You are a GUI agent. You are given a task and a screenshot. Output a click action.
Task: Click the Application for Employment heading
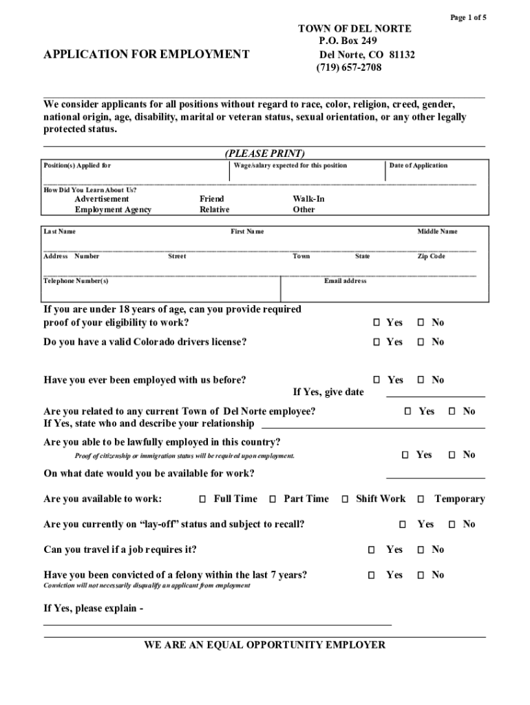point(146,53)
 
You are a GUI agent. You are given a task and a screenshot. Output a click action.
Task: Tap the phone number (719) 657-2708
point(348,67)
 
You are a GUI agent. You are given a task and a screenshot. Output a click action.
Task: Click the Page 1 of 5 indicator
point(468,17)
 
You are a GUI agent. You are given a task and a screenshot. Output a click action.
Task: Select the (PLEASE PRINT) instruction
point(264,153)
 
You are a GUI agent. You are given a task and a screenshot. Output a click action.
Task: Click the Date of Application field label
point(418,165)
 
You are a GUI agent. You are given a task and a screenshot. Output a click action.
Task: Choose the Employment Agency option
point(113,210)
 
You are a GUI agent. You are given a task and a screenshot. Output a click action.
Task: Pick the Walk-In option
point(308,199)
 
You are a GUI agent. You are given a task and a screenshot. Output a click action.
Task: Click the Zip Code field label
point(431,256)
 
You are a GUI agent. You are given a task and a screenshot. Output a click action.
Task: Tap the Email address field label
point(345,281)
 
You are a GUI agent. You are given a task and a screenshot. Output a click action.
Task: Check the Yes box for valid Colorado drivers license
point(377,342)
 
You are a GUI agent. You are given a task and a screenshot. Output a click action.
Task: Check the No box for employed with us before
point(421,380)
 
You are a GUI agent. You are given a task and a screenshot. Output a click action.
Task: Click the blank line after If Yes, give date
point(435,392)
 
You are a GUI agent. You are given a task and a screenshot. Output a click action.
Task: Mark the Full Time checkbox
point(203,499)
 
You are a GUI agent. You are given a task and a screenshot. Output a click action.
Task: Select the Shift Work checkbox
point(346,499)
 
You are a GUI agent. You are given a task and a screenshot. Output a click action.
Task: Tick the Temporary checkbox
point(419,499)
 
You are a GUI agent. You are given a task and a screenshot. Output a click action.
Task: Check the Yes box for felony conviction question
point(372,575)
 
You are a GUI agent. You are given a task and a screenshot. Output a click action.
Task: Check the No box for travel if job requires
point(421,550)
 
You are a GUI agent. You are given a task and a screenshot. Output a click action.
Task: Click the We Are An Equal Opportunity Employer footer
point(264,645)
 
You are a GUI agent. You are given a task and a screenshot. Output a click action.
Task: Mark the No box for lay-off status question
point(452,525)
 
